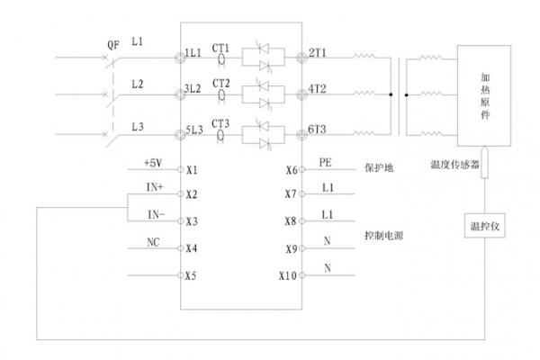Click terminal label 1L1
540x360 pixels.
click(x=192, y=56)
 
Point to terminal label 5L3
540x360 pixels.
click(x=192, y=131)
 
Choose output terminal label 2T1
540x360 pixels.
click(x=318, y=56)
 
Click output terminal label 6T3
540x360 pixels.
click(x=318, y=131)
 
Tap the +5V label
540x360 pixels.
click(x=152, y=163)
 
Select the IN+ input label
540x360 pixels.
click(x=153, y=187)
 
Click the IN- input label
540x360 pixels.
click(x=156, y=214)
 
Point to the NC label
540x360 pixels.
click(x=152, y=243)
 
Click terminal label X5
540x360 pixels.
click(x=191, y=275)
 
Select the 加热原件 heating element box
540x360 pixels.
click(x=484, y=96)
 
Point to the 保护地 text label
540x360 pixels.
click(x=379, y=168)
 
